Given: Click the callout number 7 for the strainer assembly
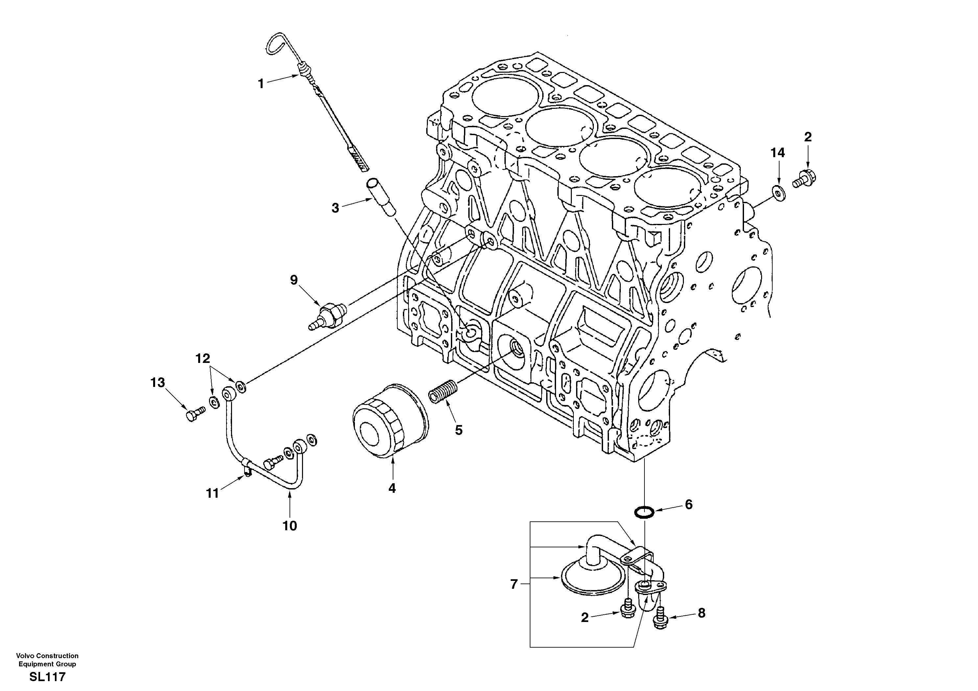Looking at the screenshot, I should click(514, 584).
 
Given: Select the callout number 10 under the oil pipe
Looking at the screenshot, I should click(290, 526).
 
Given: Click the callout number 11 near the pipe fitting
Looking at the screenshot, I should click(212, 493).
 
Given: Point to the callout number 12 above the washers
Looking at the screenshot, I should click(203, 359).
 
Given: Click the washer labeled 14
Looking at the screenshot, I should click(778, 193).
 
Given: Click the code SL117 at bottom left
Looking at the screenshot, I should click(47, 677).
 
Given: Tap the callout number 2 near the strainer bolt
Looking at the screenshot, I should click(584, 618).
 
